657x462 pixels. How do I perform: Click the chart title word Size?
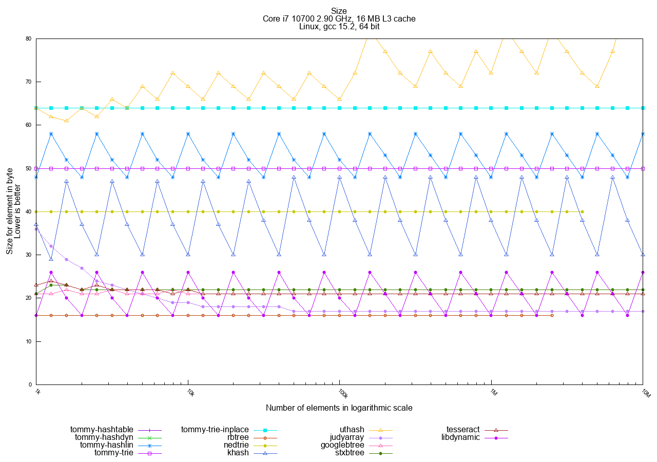click(339, 11)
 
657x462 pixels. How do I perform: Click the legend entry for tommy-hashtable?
click(102, 430)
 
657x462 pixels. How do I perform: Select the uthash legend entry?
click(352, 430)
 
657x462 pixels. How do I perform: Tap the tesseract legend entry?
click(463, 430)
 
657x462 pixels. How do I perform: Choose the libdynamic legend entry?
click(460, 437)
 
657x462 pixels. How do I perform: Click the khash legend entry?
click(238, 453)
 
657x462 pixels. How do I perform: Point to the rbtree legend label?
click(238, 437)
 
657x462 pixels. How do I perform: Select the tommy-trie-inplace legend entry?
click(215, 430)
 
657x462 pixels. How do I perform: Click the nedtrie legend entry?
click(237, 445)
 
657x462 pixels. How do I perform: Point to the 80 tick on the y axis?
click(28, 38)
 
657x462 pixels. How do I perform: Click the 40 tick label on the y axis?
click(28, 211)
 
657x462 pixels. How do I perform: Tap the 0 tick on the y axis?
click(30, 384)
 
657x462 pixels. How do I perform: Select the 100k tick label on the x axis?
click(342, 394)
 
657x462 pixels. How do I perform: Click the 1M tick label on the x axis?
click(493, 393)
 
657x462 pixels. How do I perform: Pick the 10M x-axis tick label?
click(645, 394)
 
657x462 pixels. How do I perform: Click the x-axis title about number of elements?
click(339, 408)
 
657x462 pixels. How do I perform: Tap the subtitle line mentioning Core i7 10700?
click(339, 19)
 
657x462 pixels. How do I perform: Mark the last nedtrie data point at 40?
click(582, 211)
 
